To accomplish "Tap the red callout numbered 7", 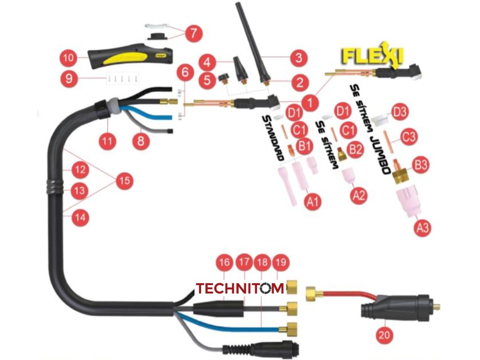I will point(193,33).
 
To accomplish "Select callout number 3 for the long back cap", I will point(298,58).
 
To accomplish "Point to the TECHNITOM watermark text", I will point(240,288).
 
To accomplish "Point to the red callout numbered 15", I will point(124,181).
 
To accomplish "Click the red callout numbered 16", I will point(224,263).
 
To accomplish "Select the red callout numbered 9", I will point(68,78).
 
